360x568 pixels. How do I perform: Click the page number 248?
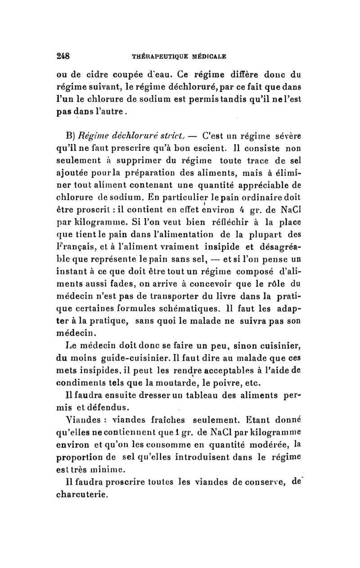tap(63, 57)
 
